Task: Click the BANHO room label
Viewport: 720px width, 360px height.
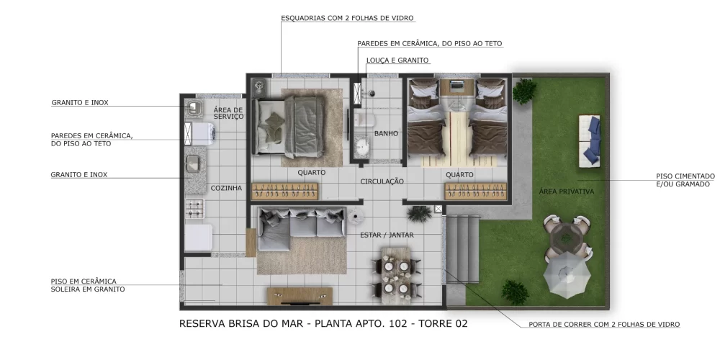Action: [386, 133]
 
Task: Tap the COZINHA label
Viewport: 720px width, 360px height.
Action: [226, 189]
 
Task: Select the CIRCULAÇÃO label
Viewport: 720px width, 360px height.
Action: [382, 181]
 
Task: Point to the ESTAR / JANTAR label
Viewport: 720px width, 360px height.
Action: [387, 235]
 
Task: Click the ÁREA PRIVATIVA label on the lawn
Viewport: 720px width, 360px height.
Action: [566, 192]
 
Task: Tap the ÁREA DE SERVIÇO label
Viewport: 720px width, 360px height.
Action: [229, 114]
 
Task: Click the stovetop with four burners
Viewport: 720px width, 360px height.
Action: [194, 210]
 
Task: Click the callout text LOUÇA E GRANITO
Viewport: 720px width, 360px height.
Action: [397, 60]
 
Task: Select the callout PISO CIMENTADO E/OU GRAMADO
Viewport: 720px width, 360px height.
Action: [685, 180]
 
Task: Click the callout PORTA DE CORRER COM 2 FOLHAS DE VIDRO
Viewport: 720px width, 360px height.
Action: [603, 325]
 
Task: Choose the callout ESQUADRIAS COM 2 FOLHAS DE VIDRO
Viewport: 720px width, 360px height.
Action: [347, 18]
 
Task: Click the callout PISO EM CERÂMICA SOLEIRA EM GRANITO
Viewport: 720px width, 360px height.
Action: [87, 285]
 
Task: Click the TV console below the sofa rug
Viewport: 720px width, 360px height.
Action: [300, 296]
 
